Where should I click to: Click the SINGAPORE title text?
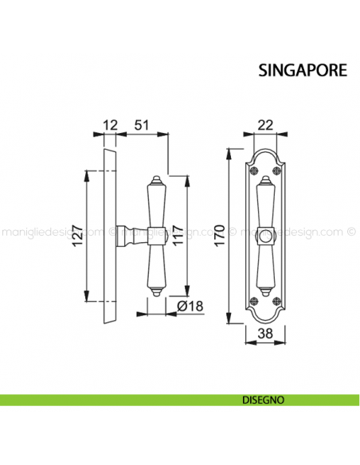click(x=302, y=69)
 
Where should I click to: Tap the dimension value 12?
click(x=111, y=125)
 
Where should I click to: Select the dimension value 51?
click(x=143, y=125)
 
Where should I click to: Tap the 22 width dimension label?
click(x=264, y=125)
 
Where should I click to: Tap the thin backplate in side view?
click(x=110, y=239)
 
